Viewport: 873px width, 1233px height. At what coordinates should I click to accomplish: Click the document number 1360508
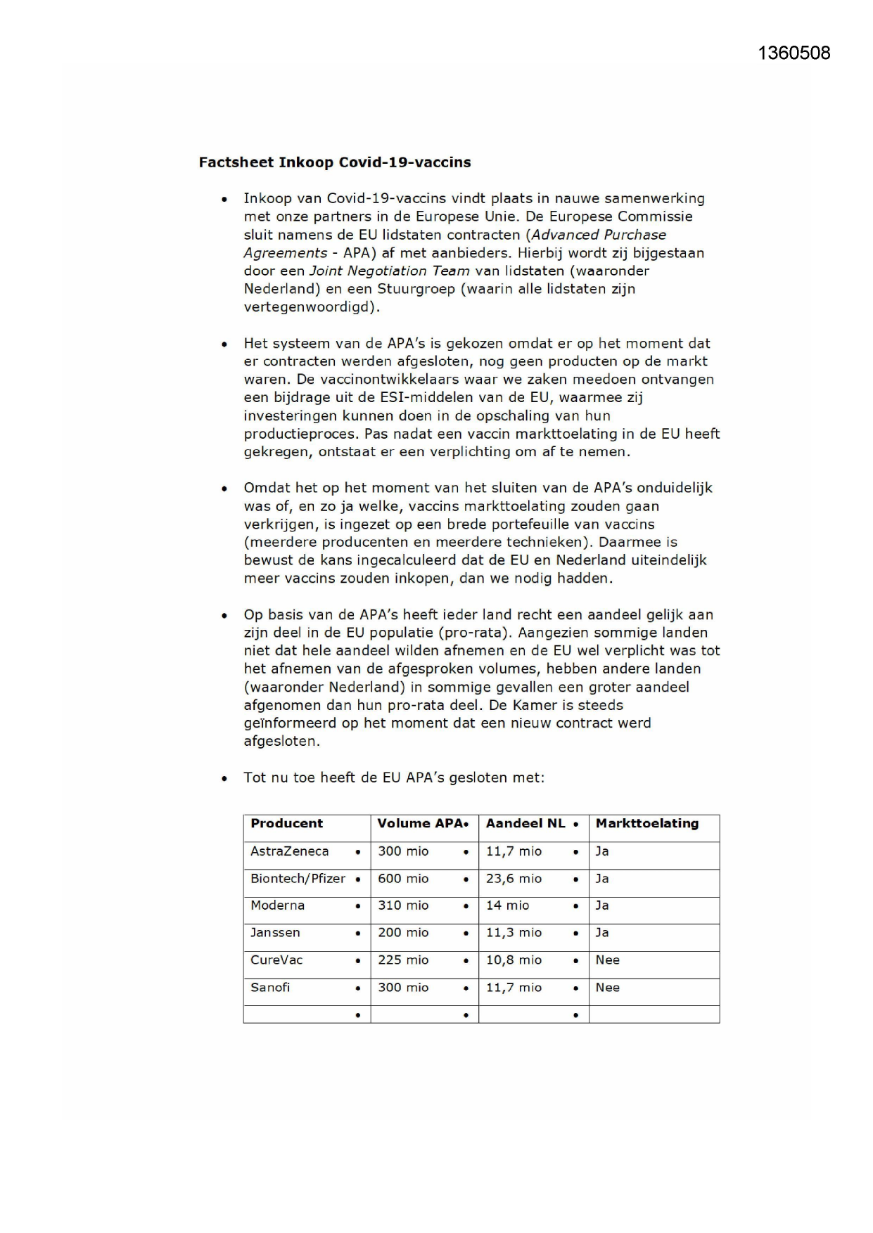point(794,53)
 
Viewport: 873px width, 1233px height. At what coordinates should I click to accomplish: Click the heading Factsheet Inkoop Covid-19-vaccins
point(335,162)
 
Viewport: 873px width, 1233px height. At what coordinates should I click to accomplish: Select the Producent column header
point(286,823)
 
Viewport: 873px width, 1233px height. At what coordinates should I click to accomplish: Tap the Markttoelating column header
point(646,823)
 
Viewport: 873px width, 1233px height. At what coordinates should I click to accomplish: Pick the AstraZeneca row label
point(289,851)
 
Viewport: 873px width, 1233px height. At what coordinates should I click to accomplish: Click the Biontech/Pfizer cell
point(298,879)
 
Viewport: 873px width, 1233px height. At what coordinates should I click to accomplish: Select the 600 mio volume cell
point(403,879)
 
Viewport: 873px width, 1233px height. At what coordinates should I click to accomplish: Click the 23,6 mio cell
point(514,879)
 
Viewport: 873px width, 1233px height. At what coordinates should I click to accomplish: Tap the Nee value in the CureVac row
point(607,960)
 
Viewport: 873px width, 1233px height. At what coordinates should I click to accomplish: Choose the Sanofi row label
point(270,988)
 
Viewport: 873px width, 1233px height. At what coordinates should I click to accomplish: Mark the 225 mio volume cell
point(403,960)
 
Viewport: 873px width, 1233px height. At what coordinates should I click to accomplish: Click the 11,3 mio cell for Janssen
point(514,933)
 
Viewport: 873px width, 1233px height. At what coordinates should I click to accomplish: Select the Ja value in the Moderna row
point(602,905)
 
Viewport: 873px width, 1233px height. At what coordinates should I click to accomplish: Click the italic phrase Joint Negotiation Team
point(389,271)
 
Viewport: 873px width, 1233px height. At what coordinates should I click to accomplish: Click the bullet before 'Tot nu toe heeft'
point(224,778)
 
